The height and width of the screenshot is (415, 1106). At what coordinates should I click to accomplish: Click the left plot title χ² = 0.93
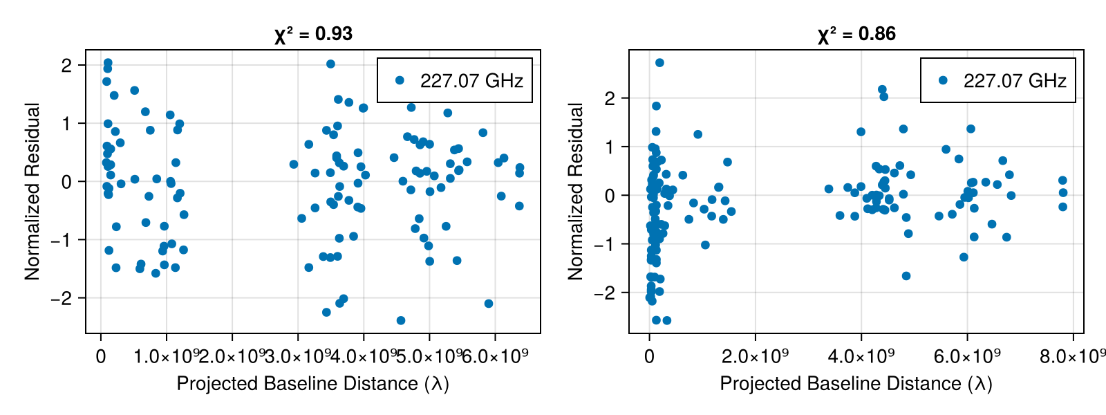pos(313,34)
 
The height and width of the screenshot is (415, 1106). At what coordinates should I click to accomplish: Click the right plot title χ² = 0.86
pos(856,34)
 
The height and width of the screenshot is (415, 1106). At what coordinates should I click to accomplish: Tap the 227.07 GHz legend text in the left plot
pos(471,81)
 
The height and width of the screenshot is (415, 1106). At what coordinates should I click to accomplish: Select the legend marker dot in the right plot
pos(943,80)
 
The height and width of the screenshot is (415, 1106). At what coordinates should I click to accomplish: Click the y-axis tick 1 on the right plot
pos(609,147)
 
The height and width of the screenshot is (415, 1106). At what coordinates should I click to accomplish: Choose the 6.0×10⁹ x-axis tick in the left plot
pos(495,356)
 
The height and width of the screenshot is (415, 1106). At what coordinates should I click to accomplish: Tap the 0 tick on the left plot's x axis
pos(101,356)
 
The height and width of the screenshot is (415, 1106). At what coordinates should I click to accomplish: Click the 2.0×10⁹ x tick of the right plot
pos(756,356)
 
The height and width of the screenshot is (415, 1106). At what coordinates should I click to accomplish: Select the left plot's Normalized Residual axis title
pos(32,192)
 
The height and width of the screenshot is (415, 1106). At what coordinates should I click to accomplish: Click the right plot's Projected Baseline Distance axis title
pos(856,384)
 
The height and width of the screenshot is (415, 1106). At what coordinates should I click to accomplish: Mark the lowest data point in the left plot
pos(401,320)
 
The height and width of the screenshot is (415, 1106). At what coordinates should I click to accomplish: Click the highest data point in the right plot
pos(659,63)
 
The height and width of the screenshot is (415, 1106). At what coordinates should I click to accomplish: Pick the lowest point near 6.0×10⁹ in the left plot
pos(489,304)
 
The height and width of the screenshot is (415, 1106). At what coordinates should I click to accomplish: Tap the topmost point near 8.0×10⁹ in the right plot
pos(1062,181)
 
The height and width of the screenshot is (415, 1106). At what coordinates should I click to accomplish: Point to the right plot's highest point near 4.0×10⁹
pos(882,90)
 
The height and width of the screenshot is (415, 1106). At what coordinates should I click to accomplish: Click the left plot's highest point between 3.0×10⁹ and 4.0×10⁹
pos(330,64)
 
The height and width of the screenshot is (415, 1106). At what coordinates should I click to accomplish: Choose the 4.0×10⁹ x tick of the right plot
pos(861,356)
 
